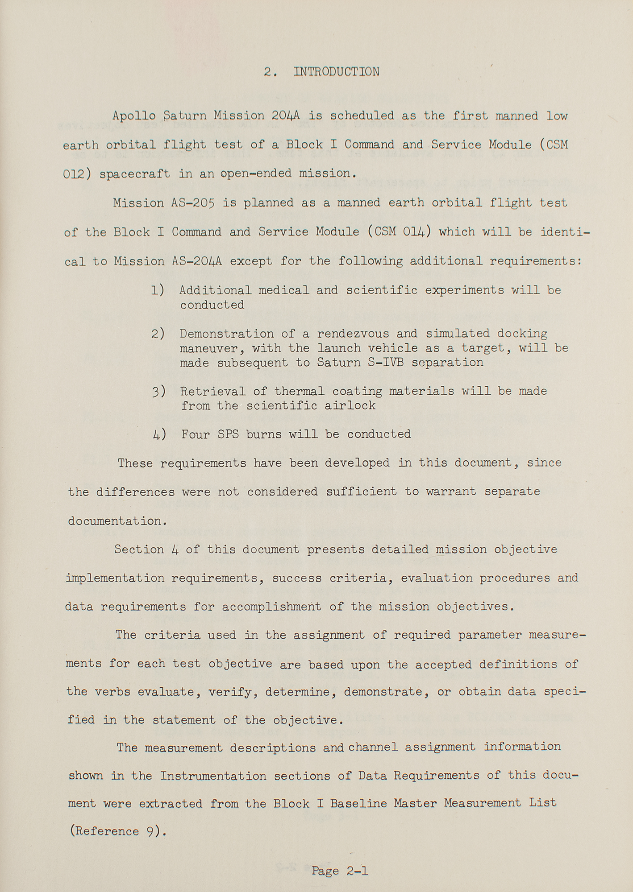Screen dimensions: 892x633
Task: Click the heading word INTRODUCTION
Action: [x=336, y=72]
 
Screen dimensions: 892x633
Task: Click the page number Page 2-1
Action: [x=340, y=871]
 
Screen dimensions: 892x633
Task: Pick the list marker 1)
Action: [x=158, y=290]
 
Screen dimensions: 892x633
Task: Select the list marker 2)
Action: [x=158, y=334]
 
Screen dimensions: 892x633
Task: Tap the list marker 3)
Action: [x=158, y=391]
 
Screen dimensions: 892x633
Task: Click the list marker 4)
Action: [x=159, y=434]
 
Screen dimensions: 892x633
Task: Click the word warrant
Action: [x=451, y=491]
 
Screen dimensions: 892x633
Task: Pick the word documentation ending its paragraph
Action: [x=117, y=521]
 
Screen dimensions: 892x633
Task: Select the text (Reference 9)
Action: [x=118, y=832]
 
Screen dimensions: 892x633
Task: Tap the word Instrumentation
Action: [x=213, y=776]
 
